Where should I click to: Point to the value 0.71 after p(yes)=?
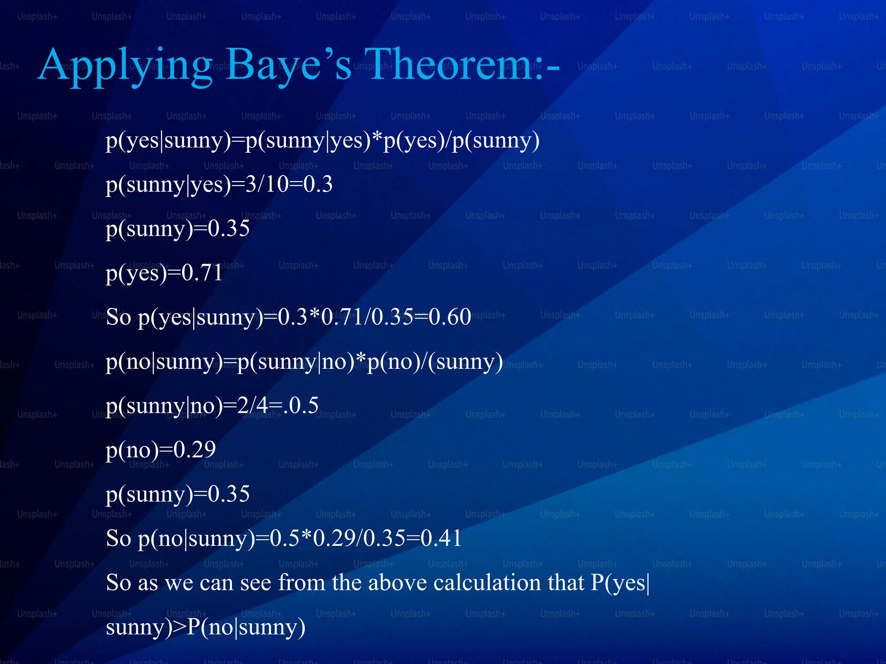click(x=202, y=273)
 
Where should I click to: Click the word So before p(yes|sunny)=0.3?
click(x=119, y=317)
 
